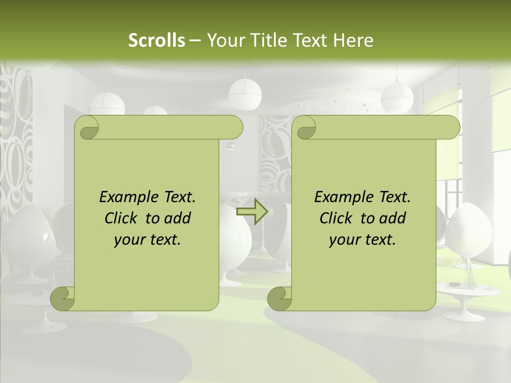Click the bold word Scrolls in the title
pos(156,40)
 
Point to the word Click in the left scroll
pos(122,218)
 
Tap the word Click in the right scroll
pos(337,218)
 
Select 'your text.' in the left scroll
pos(147,239)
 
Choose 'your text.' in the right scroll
pos(362,239)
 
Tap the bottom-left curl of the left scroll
pos(63,298)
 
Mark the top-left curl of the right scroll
pos(305,128)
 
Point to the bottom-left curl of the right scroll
pos(279,298)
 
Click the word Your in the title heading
pos(223,40)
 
